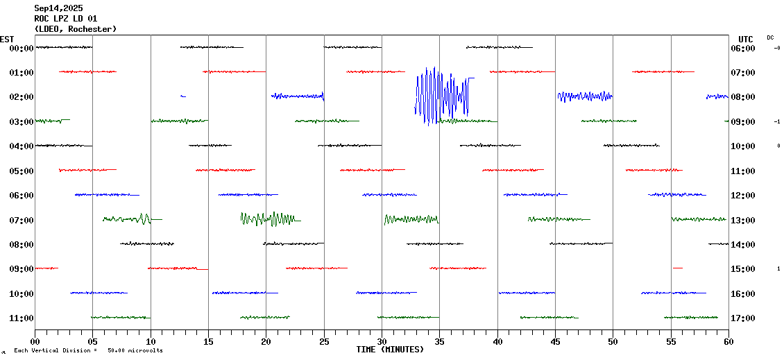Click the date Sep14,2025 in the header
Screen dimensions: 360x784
click(x=58, y=8)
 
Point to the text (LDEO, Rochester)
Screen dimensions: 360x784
click(x=76, y=29)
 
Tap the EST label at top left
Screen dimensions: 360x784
click(x=7, y=39)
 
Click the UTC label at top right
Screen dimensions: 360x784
click(x=746, y=39)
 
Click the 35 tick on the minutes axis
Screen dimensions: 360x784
click(x=439, y=341)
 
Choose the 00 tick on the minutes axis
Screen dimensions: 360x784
click(x=35, y=341)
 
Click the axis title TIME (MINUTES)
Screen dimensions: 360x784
click(x=390, y=350)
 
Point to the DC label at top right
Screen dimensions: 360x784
click(x=770, y=37)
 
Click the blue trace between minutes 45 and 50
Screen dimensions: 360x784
click(x=584, y=96)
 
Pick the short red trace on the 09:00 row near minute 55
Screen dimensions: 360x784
click(x=677, y=268)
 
